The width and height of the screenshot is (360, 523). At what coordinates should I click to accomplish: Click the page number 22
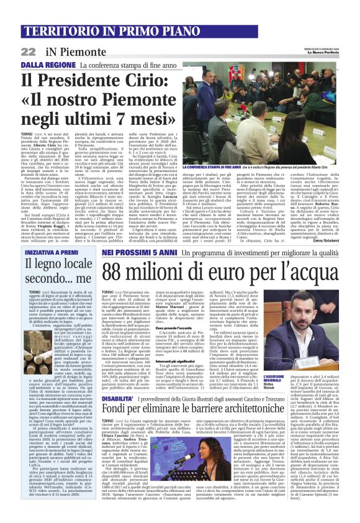pos(28,52)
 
